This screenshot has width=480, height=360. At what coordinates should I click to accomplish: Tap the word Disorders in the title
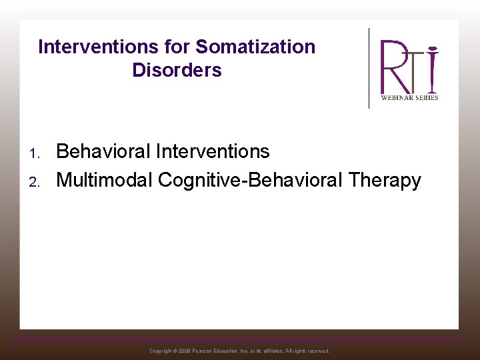click(x=177, y=70)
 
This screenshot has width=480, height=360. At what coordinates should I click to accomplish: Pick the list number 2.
click(x=34, y=181)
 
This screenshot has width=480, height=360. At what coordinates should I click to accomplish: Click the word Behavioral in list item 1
click(x=103, y=151)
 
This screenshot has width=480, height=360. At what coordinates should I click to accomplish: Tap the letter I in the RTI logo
click(x=432, y=68)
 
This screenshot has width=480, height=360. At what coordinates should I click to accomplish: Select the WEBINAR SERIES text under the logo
click(x=409, y=97)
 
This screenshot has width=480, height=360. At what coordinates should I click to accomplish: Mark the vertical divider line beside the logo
click(x=369, y=68)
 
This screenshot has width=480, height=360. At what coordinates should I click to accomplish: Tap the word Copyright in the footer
click(x=161, y=351)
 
